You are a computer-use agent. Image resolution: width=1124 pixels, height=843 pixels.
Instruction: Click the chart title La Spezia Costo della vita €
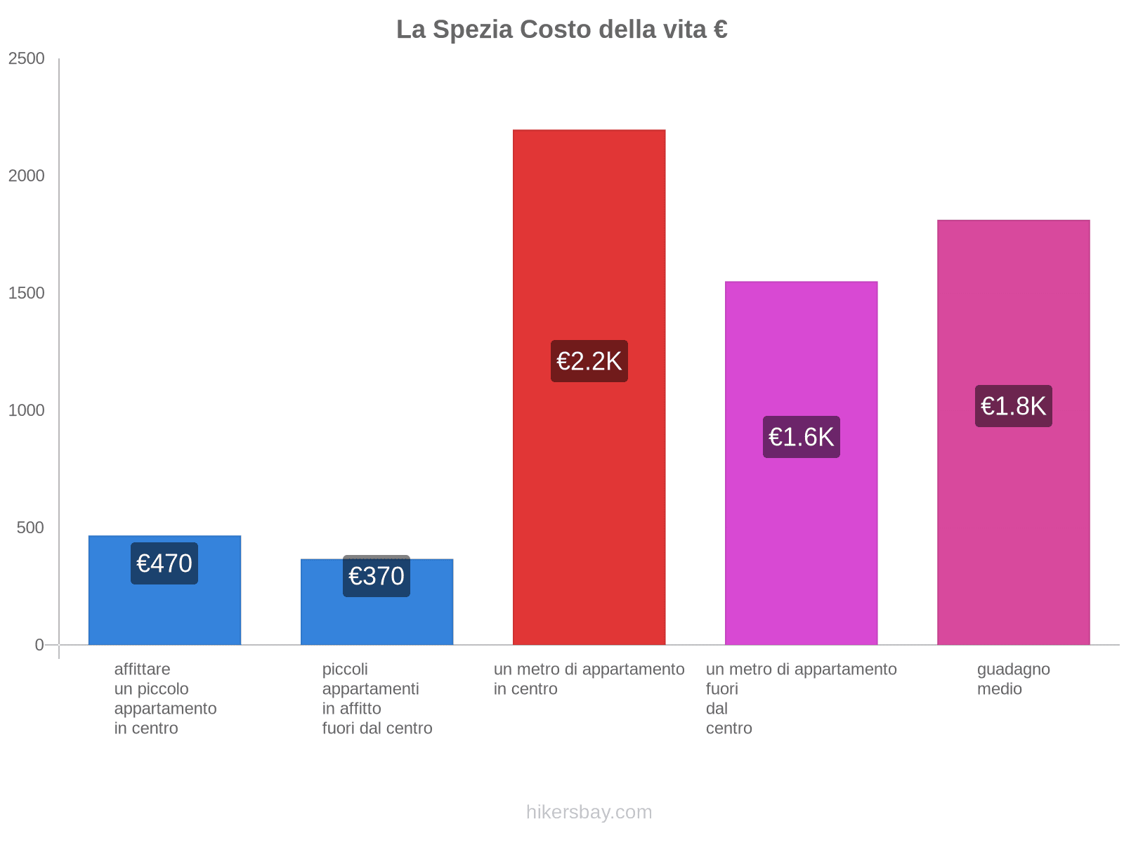tap(561, 30)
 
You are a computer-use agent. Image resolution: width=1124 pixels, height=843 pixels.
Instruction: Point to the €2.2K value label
tap(589, 361)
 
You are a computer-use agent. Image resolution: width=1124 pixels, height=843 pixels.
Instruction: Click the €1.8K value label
tap(1013, 406)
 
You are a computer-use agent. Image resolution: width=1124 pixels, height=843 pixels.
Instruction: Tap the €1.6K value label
tap(801, 437)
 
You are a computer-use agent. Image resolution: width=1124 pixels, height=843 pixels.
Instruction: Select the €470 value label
tap(164, 563)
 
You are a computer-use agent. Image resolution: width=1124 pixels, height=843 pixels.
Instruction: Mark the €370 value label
tap(377, 576)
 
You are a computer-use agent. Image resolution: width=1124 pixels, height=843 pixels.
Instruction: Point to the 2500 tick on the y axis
tap(27, 59)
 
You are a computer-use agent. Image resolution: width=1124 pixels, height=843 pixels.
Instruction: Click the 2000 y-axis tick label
tap(27, 176)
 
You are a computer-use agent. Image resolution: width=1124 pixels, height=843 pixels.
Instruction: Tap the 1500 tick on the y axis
tap(27, 294)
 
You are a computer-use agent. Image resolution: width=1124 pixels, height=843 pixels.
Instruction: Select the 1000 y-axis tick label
tap(27, 411)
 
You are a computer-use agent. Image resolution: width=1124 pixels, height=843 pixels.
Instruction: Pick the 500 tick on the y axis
tap(31, 528)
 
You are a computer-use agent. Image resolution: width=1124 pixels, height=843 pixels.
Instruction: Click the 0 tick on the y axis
tap(39, 645)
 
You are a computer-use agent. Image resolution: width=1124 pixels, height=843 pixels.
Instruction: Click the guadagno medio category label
tap(1013, 679)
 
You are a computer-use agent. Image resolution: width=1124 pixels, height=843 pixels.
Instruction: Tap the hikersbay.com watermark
tap(589, 812)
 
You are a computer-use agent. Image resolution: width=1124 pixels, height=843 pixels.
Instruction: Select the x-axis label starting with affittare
tap(165, 698)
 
